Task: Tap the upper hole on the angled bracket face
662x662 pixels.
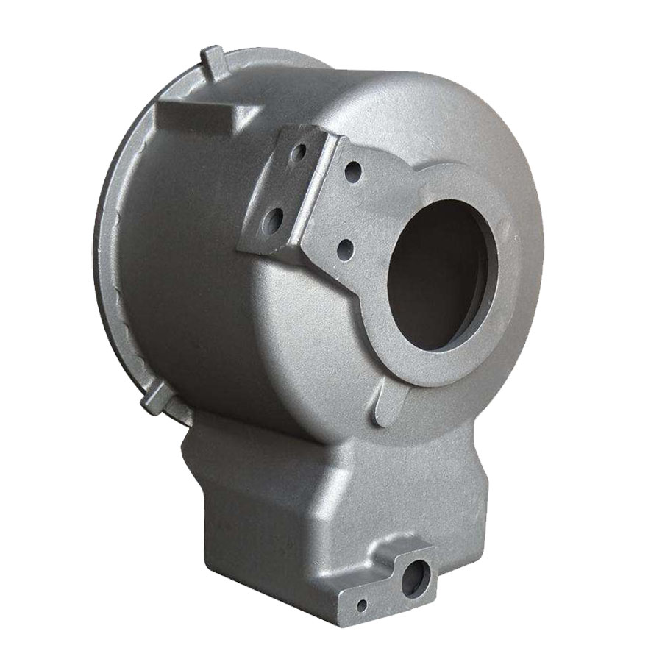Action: (299, 154)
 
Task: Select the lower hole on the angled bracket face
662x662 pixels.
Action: (274, 218)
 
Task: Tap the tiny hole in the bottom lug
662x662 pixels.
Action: (361, 605)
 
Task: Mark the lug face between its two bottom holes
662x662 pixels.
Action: (386, 593)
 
